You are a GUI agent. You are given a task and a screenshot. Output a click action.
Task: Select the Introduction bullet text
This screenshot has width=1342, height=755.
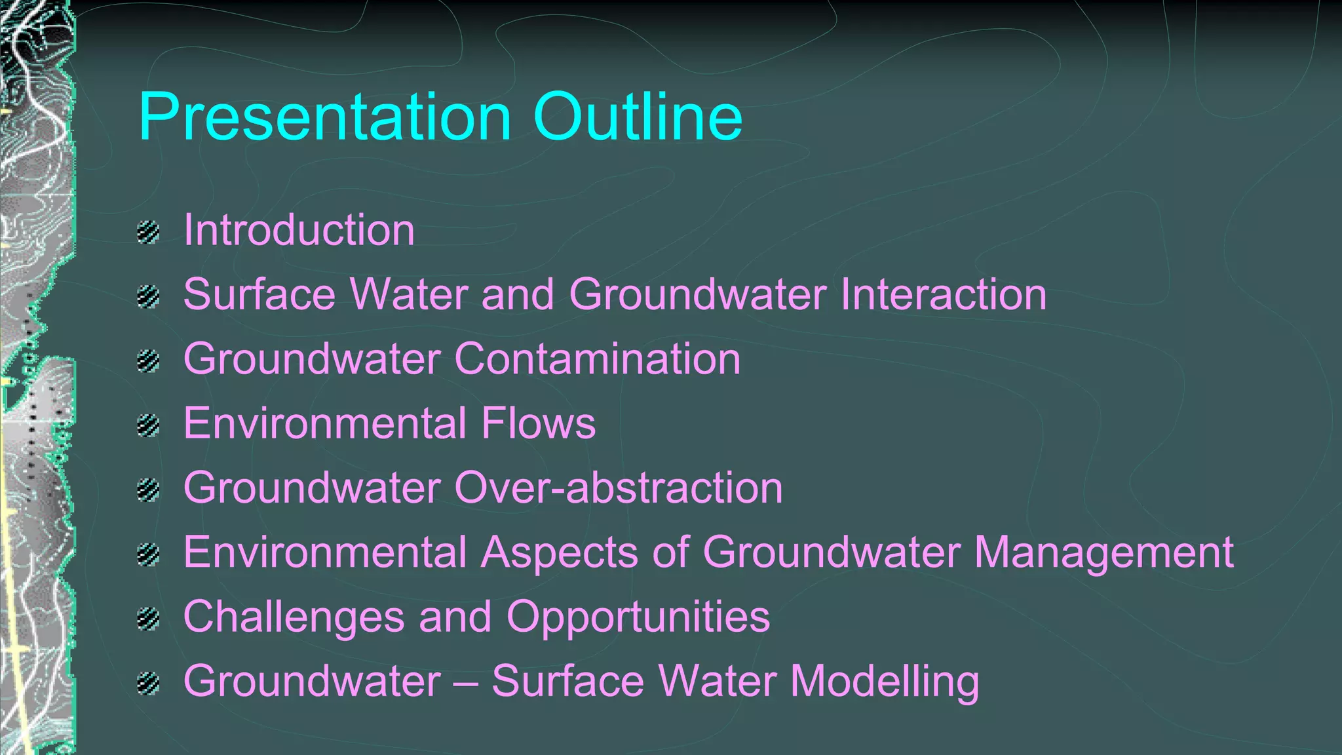299,230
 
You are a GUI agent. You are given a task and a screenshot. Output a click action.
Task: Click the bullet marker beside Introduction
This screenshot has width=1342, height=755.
149,233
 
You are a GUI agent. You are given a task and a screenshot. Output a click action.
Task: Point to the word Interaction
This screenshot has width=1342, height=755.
943,294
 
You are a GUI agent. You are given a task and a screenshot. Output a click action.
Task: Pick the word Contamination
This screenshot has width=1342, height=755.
597,358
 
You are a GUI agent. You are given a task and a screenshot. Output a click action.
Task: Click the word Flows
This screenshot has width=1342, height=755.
538,423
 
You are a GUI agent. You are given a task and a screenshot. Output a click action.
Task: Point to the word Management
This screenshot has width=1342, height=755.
1103,552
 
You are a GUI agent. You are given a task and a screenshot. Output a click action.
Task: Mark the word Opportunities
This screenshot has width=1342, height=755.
638,616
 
